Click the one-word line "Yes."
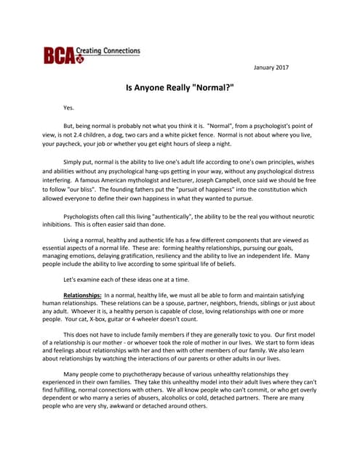[69, 108]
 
